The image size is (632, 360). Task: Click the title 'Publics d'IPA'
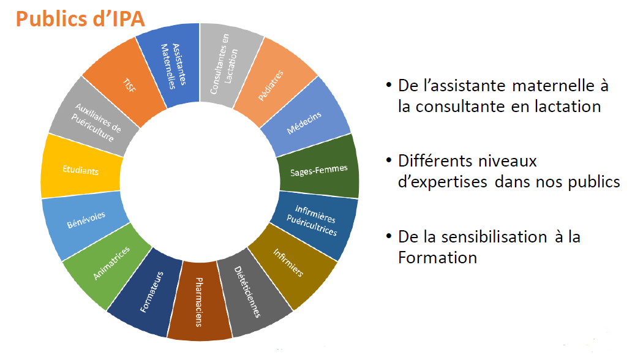[80, 19]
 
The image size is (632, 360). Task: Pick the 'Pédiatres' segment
[274, 83]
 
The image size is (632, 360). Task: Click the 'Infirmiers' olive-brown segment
[291, 264]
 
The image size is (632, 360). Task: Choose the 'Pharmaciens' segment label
[200, 301]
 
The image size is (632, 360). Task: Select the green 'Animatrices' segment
[110, 263]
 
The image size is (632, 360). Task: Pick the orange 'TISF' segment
[127, 84]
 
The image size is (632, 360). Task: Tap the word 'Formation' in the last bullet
[437, 258]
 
